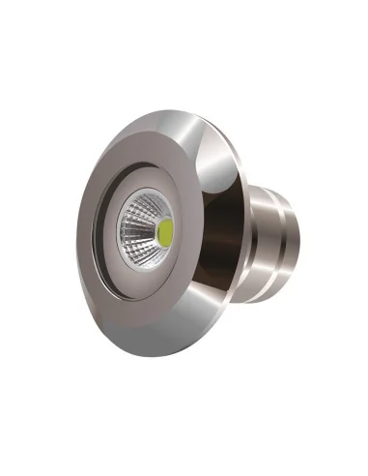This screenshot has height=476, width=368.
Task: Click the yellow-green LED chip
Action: point(165,231)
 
